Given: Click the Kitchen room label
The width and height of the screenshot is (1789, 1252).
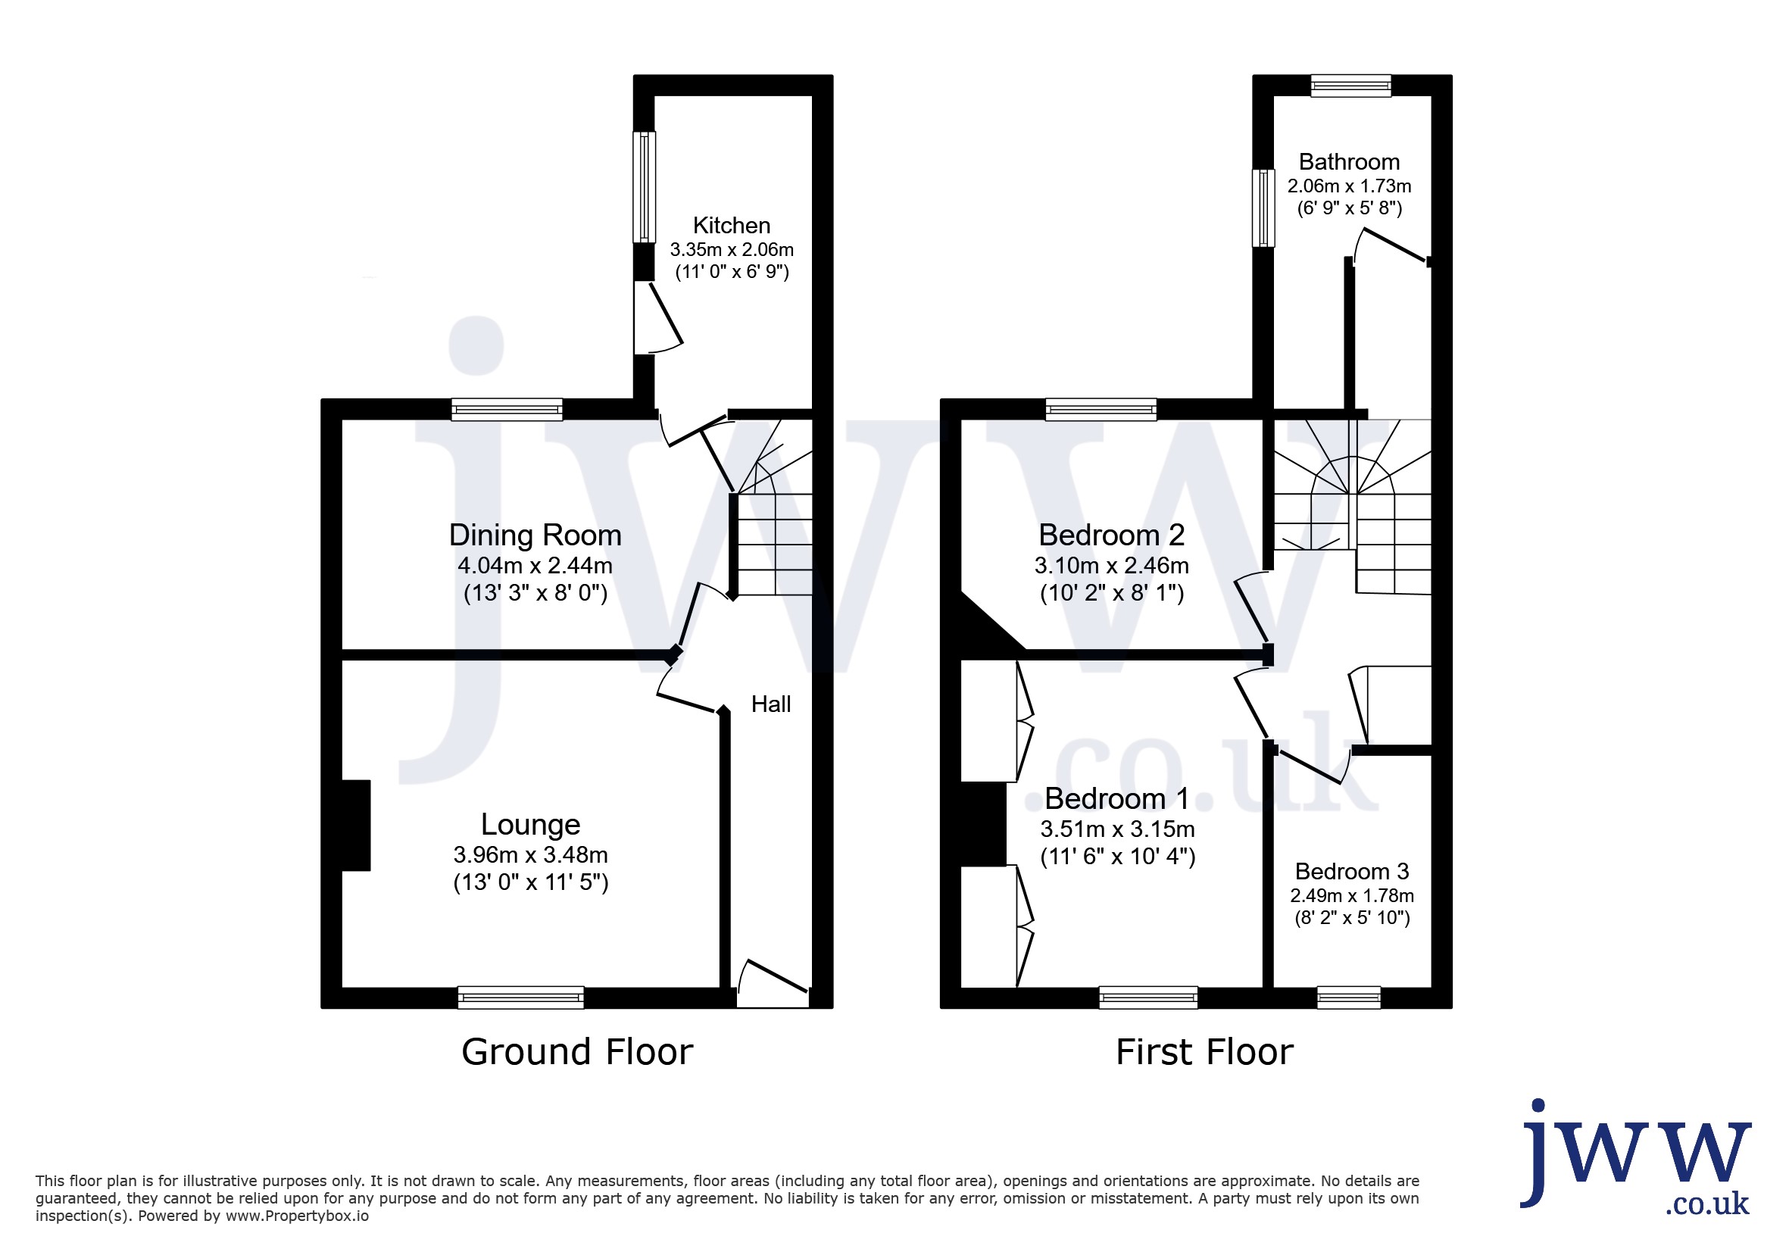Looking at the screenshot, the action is tap(731, 225).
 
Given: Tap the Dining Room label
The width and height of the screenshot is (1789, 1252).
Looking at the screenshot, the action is tap(535, 535).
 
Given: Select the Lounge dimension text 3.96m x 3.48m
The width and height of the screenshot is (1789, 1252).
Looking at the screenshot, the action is tap(531, 854).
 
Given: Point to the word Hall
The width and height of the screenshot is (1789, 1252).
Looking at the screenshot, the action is tap(770, 704).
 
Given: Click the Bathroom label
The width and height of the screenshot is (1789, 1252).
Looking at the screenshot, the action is tap(1349, 162).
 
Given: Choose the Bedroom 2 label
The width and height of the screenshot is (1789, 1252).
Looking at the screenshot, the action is tap(1111, 535).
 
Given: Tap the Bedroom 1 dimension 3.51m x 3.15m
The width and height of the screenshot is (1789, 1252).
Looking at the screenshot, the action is tap(1117, 829).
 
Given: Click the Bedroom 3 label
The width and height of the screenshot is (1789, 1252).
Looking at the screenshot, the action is tap(1352, 871).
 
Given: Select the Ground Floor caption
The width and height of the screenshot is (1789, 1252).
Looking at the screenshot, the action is tap(577, 1052).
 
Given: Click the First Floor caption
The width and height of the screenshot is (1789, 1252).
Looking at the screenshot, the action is tap(1204, 1052).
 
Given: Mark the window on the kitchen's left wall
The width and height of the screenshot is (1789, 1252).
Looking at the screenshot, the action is tap(644, 187).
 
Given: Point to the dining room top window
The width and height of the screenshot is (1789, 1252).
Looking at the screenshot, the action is tap(507, 409).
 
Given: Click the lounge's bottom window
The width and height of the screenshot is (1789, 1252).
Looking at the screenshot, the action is tap(520, 998).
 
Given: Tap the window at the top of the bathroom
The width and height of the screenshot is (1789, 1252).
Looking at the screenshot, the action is tap(1350, 86).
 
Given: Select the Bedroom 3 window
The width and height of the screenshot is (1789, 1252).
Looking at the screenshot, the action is tap(1349, 998).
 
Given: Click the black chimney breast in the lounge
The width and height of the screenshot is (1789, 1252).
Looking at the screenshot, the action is tap(356, 825).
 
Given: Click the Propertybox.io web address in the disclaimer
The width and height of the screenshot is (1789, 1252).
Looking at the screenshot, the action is tap(297, 1216).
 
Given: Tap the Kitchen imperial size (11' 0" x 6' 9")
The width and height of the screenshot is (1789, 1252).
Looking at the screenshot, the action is tap(732, 272).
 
